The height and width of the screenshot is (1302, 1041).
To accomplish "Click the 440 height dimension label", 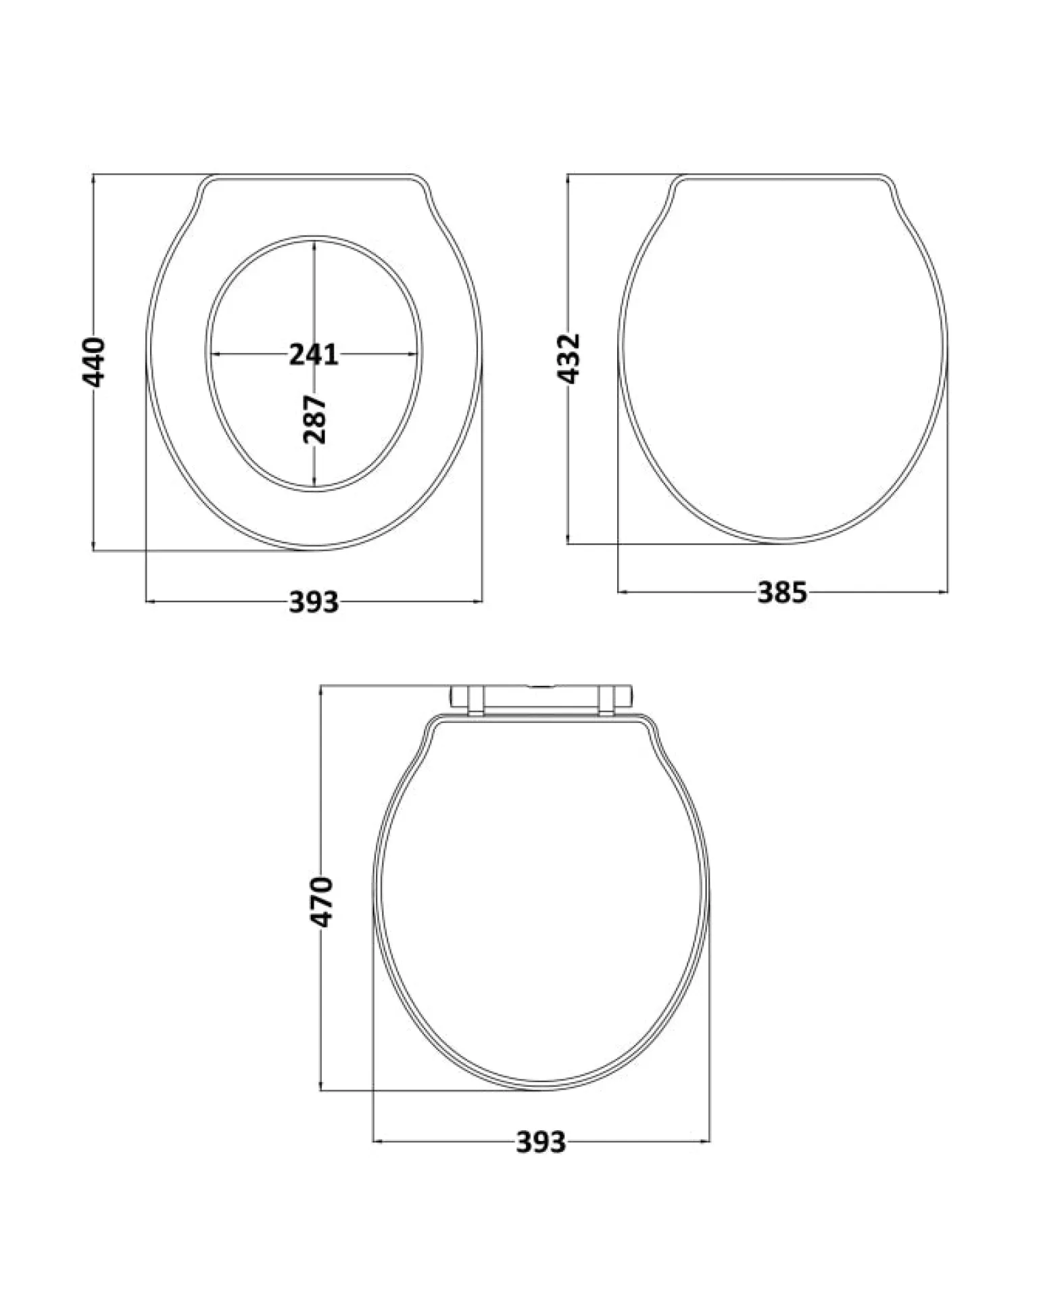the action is pos(94,362).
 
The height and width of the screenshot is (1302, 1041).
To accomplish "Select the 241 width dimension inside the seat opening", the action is pos(313,354).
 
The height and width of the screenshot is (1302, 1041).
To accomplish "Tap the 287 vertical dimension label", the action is pos(314,419).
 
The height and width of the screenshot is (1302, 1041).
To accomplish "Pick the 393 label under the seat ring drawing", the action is pos(313,601).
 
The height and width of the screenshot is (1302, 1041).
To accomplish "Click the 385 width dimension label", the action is pos(782,592).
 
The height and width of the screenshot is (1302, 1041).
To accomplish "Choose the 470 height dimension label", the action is pos(322,902).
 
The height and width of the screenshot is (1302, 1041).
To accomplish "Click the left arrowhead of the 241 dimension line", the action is pos(217,354).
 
